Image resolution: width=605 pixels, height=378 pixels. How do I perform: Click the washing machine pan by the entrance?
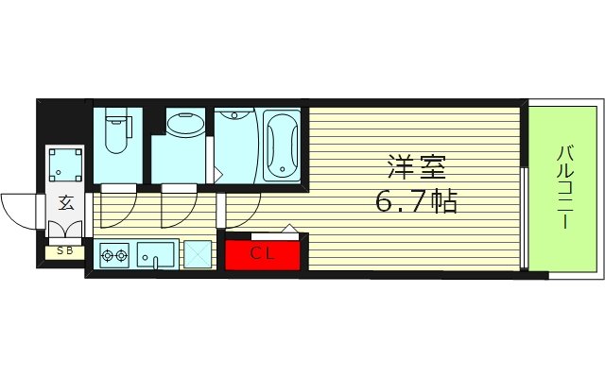[65, 165]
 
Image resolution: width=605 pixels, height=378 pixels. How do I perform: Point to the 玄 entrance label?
[66, 202]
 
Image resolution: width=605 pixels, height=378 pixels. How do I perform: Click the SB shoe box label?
[64, 250]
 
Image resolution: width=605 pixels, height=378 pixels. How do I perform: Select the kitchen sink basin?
[155, 255]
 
